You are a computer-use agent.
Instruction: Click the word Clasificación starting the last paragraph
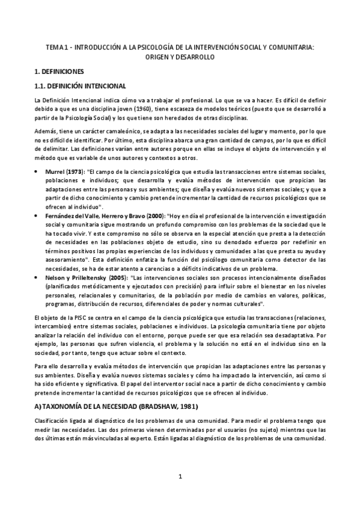(x=53, y=422)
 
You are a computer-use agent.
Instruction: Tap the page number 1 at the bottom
(x=180, y=494)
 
